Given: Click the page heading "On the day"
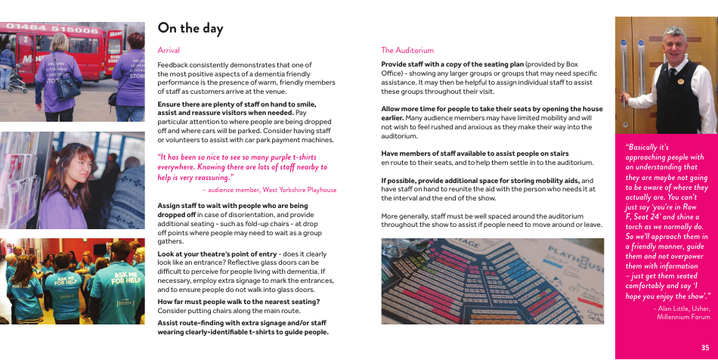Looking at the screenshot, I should point(190,28).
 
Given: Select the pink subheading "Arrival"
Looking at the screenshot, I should point(169,50).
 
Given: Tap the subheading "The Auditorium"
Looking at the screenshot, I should point(407,50).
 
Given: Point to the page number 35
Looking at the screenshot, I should point(704,347).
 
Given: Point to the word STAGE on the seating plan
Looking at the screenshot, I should point(462,246).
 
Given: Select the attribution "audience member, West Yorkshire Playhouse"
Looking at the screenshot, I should point(272,190).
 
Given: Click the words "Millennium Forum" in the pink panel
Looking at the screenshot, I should point(684,317).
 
